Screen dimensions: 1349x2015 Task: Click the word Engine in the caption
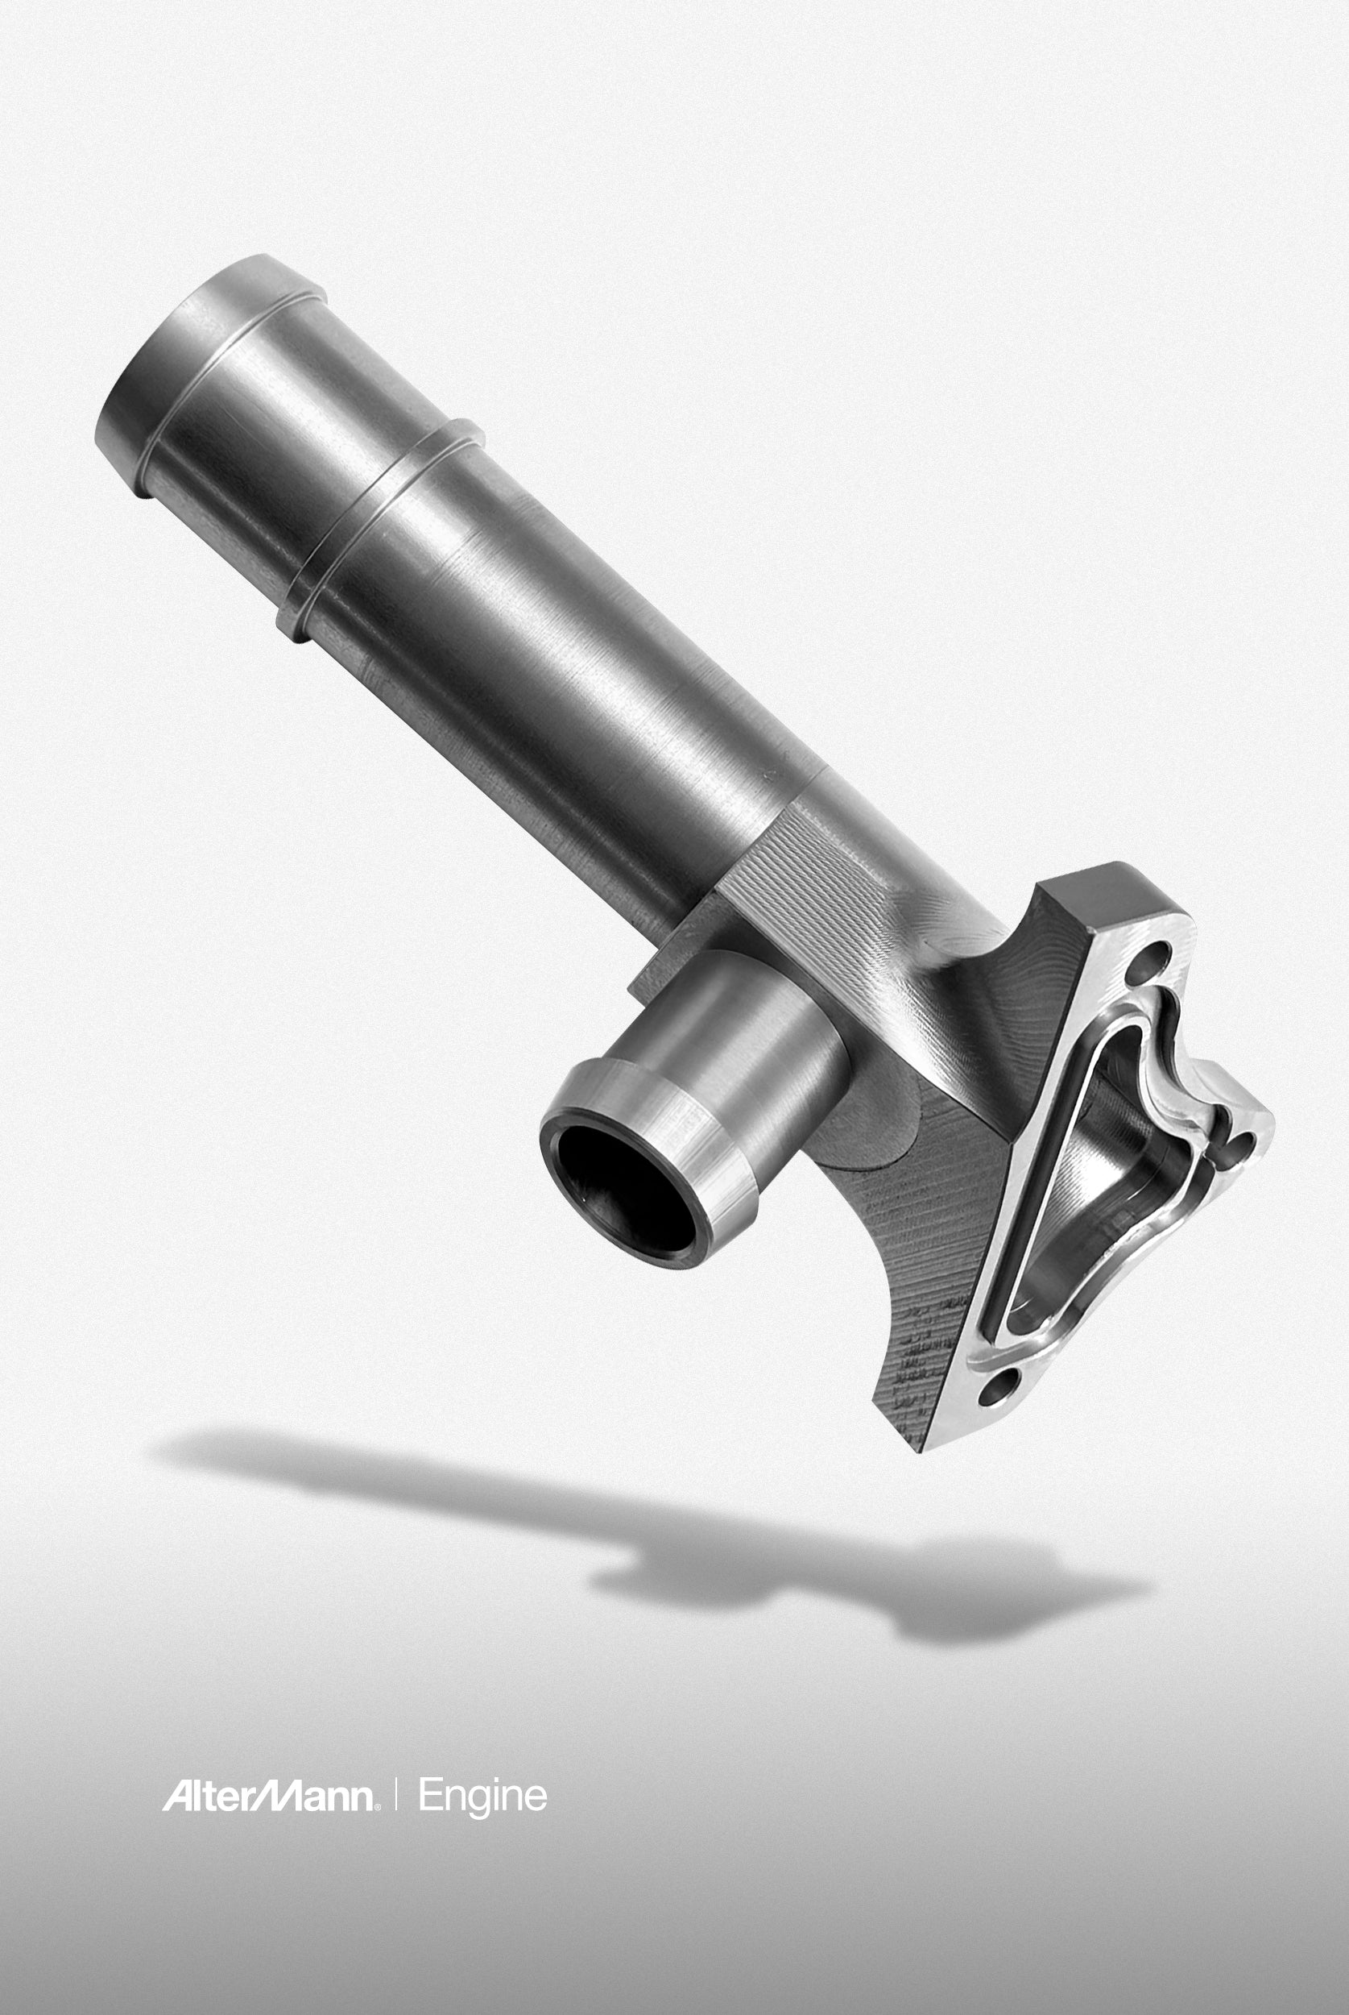pos(482,1797)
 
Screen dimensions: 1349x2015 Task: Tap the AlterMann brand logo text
pos(268,1796)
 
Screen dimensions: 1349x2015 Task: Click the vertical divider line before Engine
pos(396,1796)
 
